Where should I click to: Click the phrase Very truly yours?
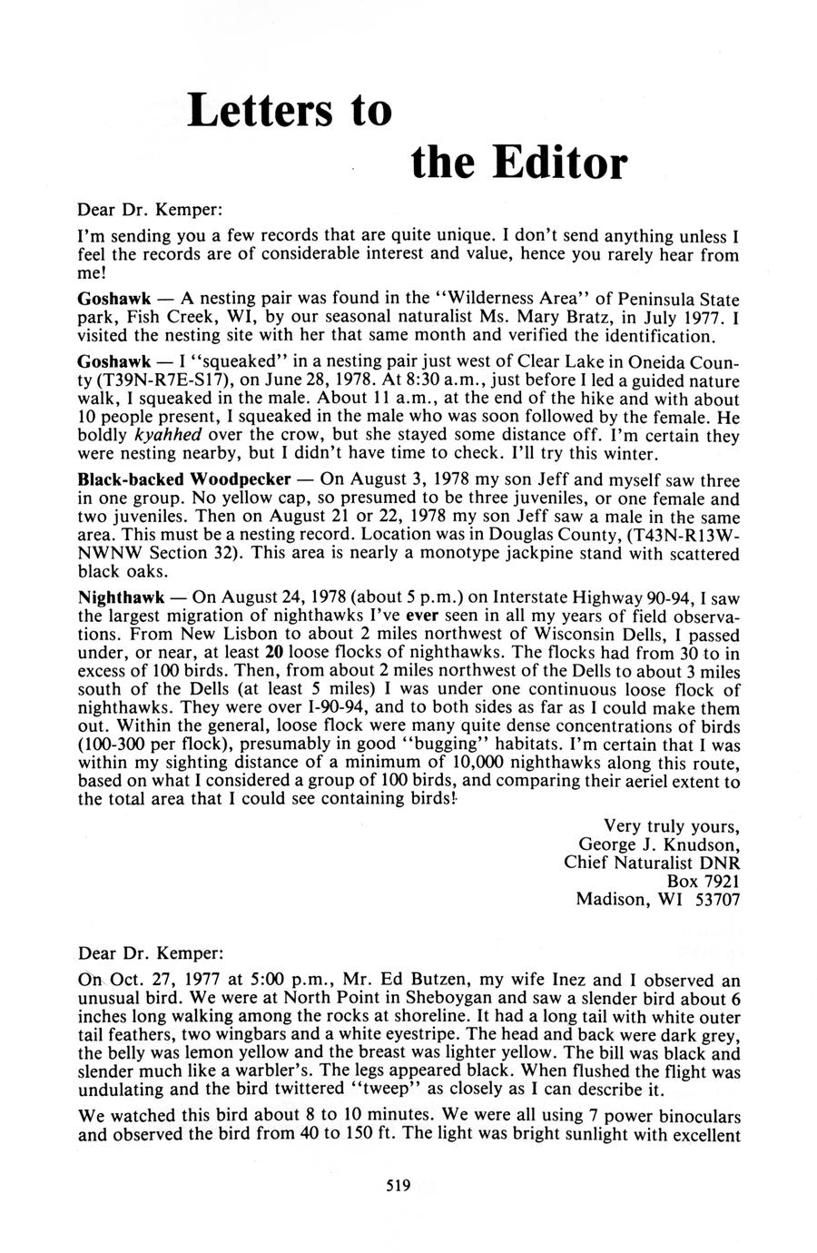click(x=672, y=825)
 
